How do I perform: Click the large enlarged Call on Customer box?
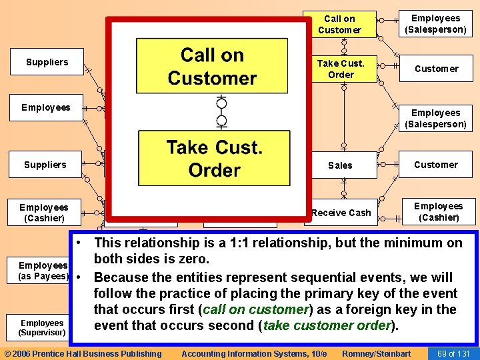(x=212, y=67)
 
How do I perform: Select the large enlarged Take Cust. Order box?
(x=213, y=158)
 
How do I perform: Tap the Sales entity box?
(x=340, y=165)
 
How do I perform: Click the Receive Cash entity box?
(x=341, y=213)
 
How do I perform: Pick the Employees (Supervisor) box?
(x=41, y=327)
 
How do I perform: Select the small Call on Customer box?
(x=339, y=24)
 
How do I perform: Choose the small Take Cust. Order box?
(x=341, y=69)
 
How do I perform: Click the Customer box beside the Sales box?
(x=436, y=165)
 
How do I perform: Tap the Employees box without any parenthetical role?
(x=45, y=107)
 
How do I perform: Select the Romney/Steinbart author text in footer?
(x=376, y=353)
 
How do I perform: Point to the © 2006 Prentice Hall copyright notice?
(x=83, y=353)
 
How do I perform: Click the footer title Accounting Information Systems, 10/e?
(x=254, y=353)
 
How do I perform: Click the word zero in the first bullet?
(x=195, y=259)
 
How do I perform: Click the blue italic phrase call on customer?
(x=253, y=309)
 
